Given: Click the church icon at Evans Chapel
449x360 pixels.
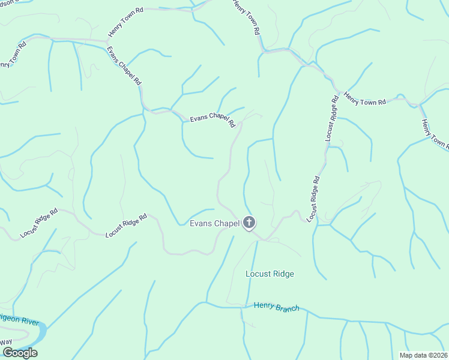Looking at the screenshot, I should tap(249, 224).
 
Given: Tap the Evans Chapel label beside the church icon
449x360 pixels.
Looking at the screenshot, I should tap(214, 224).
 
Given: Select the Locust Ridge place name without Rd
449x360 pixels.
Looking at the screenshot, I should tap(270, 274).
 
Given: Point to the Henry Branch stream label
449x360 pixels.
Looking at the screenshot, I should tap(276, 307).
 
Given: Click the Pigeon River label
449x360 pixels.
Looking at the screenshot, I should tap(18, 321).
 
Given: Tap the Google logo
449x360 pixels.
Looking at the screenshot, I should tap(19, 353).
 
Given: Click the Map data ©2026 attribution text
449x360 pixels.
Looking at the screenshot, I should tap(423, 355).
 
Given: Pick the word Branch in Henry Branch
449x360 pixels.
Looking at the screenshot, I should tap(286, 308).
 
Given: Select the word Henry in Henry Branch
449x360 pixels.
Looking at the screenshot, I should tap(264, 305).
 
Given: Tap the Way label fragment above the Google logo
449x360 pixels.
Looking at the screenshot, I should tap(6, 342).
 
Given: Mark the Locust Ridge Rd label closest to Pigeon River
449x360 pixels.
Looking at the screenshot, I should tap(38, 223).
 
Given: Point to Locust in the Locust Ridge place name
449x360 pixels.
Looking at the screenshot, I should tap(258, 274).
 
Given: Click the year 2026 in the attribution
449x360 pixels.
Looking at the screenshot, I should tap(438, 355).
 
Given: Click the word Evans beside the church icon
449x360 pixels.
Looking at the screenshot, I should tap(201, 224).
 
